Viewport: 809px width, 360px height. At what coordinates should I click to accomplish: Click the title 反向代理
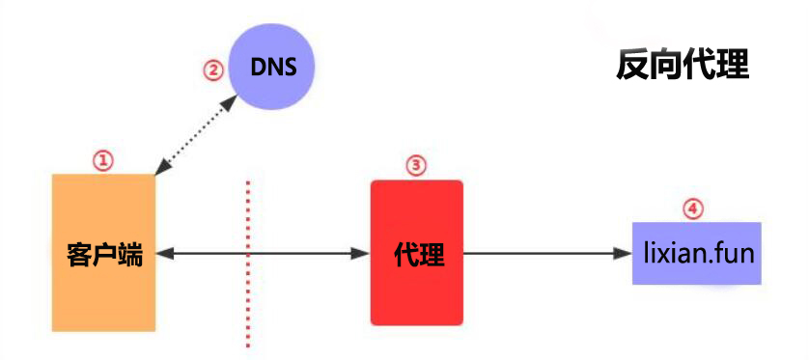683,66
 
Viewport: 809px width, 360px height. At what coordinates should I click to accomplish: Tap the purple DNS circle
272,67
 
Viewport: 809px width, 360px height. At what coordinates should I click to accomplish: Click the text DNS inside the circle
273,67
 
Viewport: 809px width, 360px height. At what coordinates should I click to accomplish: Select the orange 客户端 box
103,252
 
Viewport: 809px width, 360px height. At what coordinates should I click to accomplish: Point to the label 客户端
104,255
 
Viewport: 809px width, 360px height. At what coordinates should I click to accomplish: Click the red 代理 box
417,252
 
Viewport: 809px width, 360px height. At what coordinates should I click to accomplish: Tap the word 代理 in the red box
419,254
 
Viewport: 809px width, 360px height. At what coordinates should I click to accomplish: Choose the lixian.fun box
696,253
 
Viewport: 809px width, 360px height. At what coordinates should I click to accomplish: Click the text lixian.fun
700,254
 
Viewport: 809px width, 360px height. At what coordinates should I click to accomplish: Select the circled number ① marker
102,160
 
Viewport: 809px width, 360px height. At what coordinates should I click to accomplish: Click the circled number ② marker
212,70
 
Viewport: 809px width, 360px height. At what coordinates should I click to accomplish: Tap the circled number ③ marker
416,165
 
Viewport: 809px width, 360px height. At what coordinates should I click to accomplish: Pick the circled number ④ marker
693,208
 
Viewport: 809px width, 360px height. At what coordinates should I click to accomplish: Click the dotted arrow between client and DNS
196,134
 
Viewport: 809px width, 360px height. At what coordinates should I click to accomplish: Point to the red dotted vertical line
248,264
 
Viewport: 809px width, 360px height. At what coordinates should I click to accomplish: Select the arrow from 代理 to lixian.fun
548,253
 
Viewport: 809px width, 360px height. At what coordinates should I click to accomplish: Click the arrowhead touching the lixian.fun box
626,253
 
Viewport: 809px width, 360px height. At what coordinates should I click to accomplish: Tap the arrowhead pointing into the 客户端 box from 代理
163,253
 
